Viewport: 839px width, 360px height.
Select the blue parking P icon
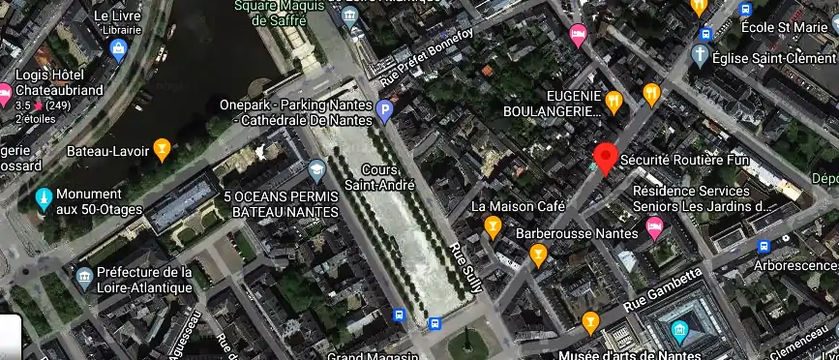coord(384,112)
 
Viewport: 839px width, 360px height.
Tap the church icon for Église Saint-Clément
coord(701,54)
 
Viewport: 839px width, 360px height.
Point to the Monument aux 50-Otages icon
coord(43,199)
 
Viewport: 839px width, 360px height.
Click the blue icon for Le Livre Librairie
coord(119,50)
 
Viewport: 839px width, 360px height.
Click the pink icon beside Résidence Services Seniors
coord(654,229)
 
